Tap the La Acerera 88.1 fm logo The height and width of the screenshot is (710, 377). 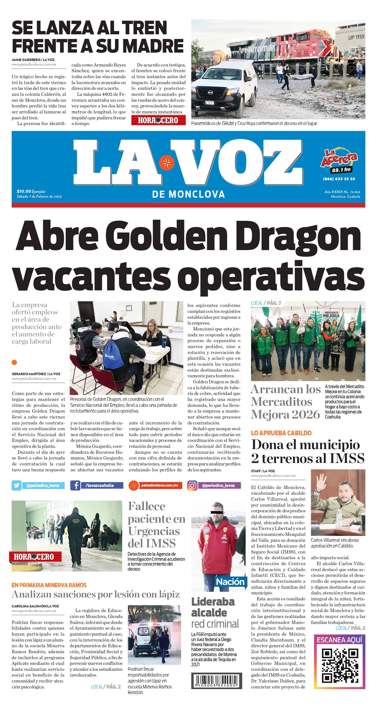tap(339, 161)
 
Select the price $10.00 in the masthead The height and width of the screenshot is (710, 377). tap(24, 191)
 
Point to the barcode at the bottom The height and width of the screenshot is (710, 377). tap(217, 680)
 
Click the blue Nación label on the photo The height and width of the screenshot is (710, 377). tap(230, 582)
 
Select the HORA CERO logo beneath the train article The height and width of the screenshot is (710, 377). tap(158, 120)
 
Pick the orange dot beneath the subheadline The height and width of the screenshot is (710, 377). tap(14, 362)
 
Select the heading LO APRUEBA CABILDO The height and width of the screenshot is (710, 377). tap(281, 433)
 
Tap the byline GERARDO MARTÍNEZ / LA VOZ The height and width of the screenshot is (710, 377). tap(36, 374)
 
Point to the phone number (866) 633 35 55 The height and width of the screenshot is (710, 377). tap(339, 179)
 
